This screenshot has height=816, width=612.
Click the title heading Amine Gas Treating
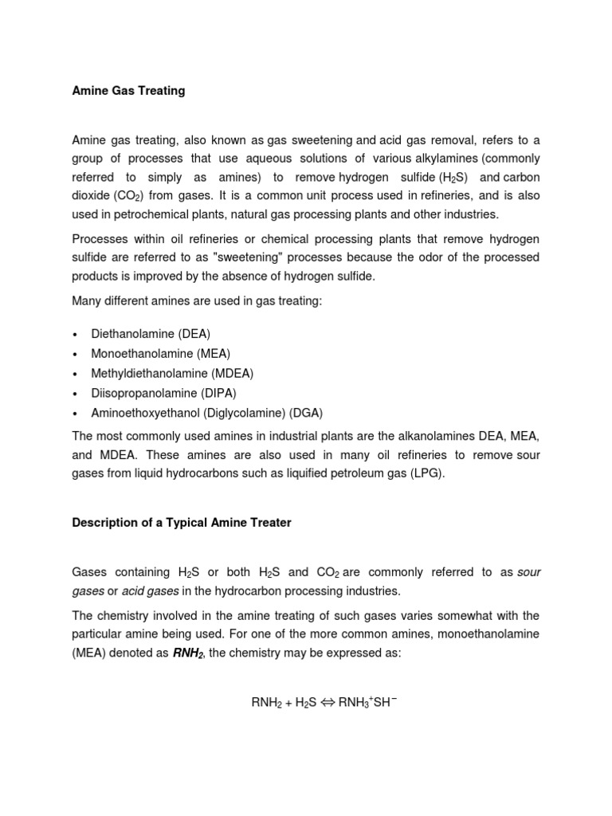point(128,91)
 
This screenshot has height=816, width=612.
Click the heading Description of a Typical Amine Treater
point(182,523)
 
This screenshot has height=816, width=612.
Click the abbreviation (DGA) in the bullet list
point(306,413)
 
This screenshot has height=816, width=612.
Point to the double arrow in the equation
point(328,703)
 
